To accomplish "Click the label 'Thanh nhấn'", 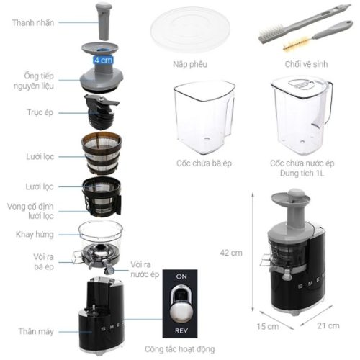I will [33, 22].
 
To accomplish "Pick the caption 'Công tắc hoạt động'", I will [179, 348].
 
